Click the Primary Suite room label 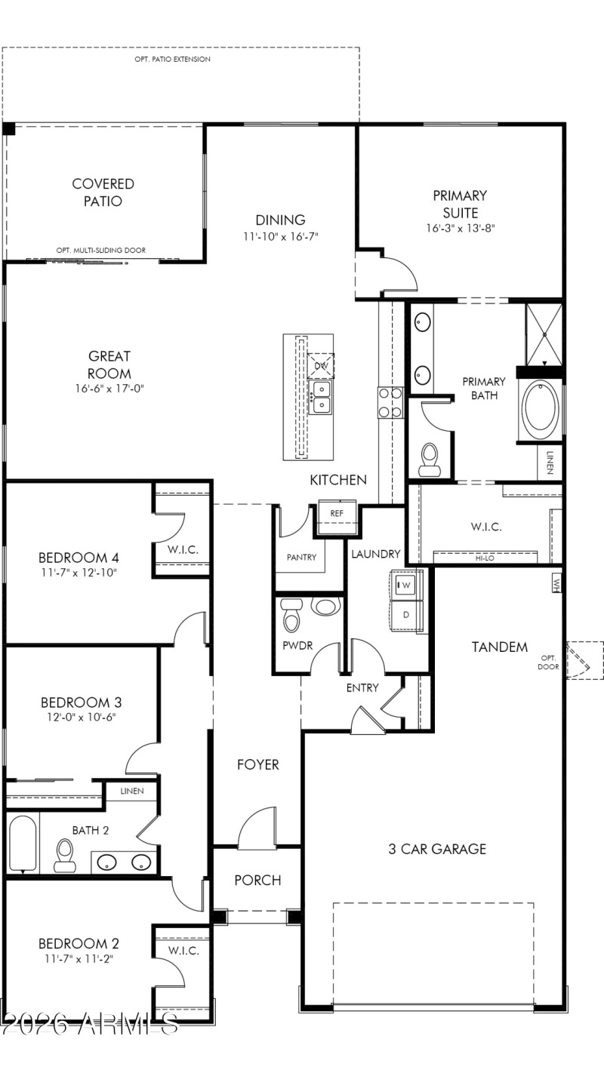point(460,204)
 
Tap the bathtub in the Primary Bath point(540,405)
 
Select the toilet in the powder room point(291,616)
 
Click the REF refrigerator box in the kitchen point(337,512)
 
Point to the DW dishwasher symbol point(322,366)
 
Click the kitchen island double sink point(322,398)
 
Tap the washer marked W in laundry point(405,585)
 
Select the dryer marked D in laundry point(405,614)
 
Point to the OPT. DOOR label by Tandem point(548,662)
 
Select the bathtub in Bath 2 point(23,843)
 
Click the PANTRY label point(301,558)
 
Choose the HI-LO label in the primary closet point(484,559)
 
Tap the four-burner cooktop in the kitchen point(389,401)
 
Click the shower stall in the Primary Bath point(544,333)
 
